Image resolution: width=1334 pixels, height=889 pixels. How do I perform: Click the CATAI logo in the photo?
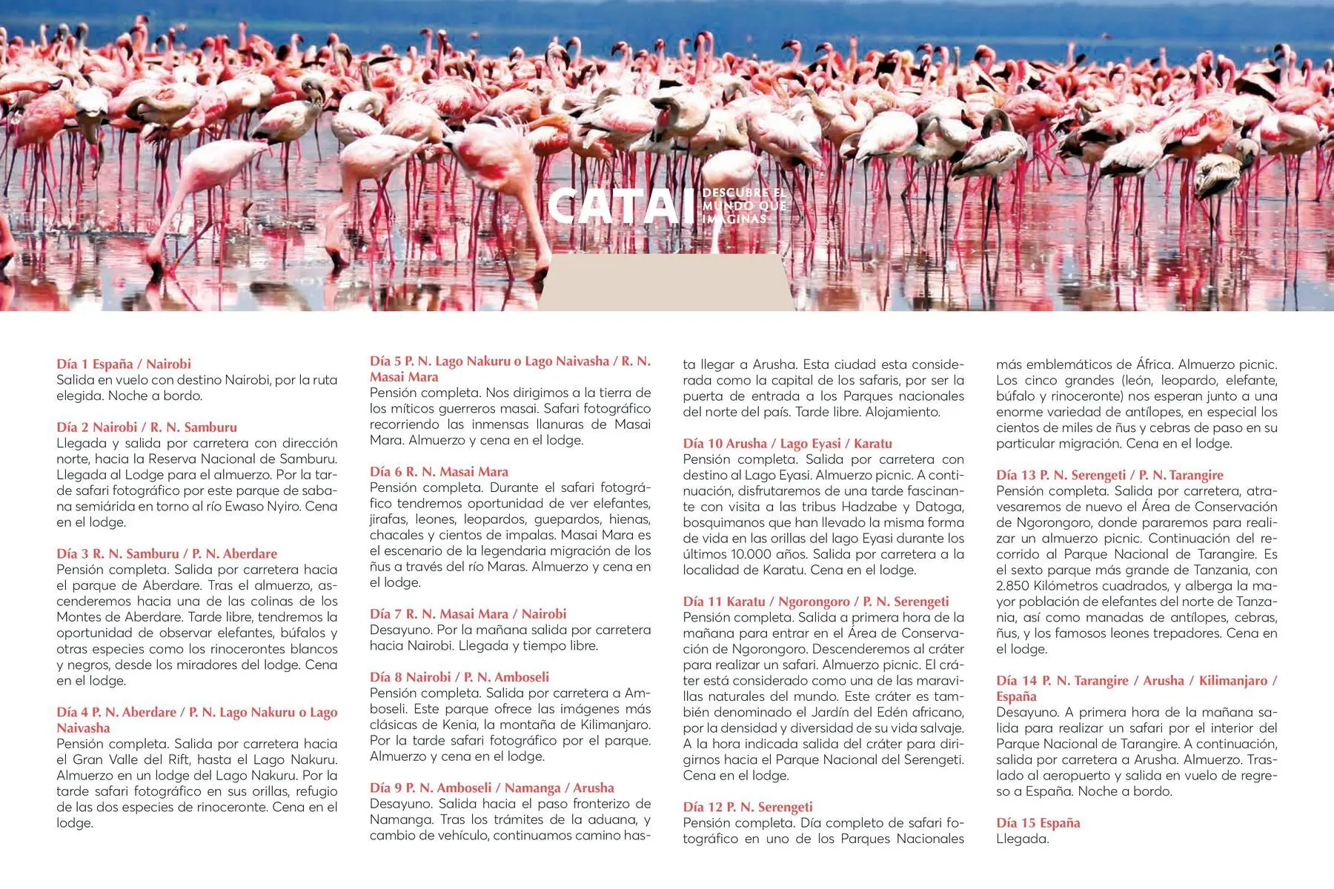(x=614, y=206)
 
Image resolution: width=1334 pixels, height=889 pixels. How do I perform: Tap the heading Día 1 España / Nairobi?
(x=124, y=364)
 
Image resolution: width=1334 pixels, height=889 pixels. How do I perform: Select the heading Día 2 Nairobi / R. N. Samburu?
(x=147, y=427)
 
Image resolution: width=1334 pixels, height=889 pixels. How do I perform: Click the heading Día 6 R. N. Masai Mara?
(x=439, y=472)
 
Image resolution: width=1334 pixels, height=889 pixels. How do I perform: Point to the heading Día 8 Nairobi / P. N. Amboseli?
(x=459, y=677)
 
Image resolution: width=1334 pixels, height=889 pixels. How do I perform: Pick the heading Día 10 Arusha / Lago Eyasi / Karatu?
(x=787, y=444)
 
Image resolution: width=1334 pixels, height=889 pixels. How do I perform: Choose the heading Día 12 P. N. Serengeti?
(x=748, y=807)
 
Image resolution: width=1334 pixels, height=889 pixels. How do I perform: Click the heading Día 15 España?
(x=1038, y=822)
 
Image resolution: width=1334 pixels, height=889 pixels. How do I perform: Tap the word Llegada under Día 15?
(x=1022, y=839)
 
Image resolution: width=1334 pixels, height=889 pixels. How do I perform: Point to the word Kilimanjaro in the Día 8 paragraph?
(x=611, y=725)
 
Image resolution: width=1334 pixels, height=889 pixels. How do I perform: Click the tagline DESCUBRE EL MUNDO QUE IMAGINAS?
(x=743, y=206)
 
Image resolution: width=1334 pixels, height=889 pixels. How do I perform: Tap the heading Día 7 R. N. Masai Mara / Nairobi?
(x=468, y=614)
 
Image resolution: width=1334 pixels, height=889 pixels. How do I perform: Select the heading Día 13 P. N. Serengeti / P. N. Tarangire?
(x=1109, y=475)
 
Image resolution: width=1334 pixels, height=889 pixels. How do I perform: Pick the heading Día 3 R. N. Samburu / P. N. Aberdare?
(x=167, y=553)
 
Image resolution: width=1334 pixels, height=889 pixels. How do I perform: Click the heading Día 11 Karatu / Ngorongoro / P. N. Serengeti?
(x=815, y=602)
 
